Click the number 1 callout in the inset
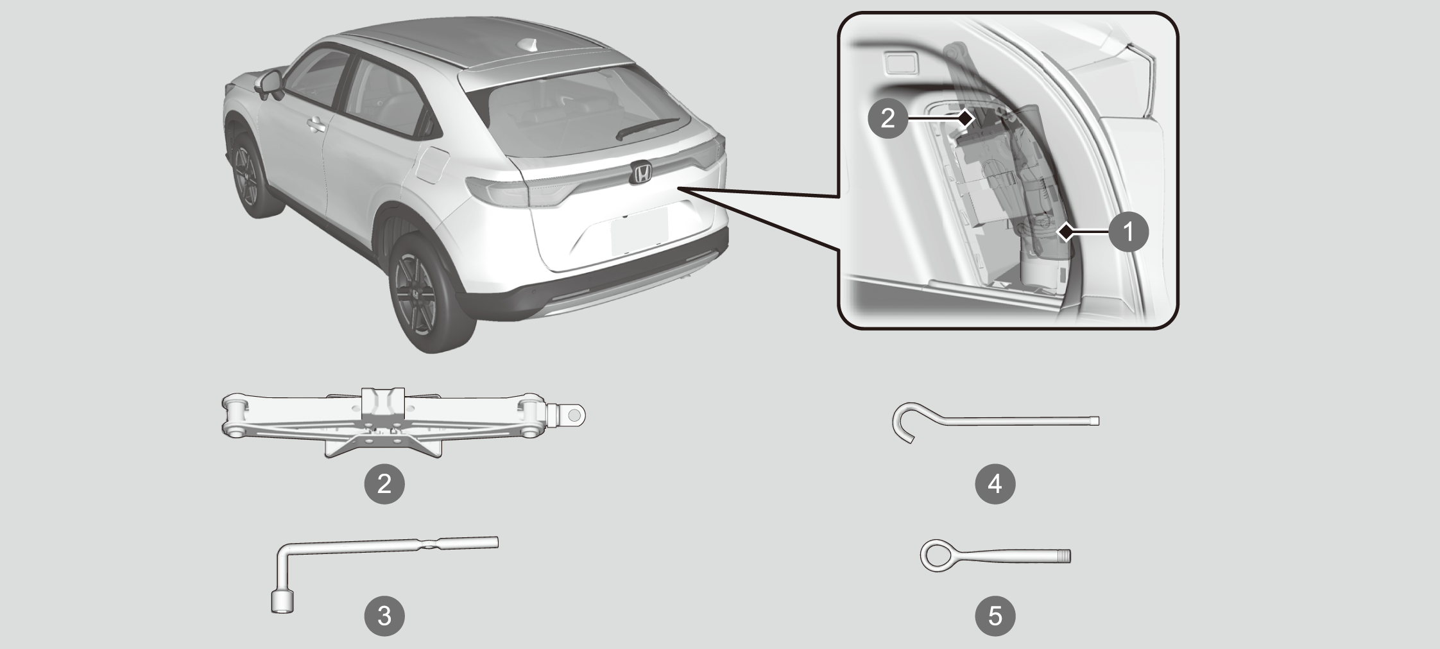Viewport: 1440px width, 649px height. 1128,231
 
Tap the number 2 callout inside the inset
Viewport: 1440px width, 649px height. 887,118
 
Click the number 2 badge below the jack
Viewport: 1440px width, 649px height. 384,483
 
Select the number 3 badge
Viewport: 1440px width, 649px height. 384,616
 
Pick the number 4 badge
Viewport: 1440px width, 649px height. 995,483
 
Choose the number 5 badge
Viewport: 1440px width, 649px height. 995,616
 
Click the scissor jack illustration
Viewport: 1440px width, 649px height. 403,422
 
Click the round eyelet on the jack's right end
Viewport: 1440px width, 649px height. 574,416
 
